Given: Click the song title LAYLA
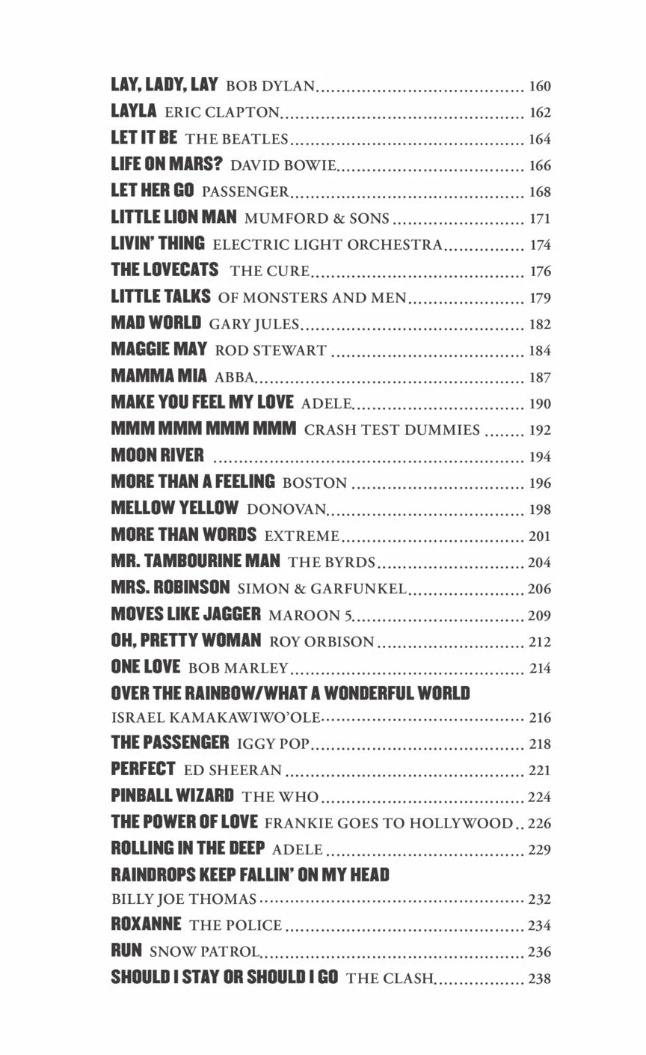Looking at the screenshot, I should [134, 111].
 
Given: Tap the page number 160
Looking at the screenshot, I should [539, 86].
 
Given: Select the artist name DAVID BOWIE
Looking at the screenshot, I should [283, 165].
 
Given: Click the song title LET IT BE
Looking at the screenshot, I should [144, 138].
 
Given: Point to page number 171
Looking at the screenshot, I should [539, 218].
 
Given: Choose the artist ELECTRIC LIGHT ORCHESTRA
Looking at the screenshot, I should [327, 245].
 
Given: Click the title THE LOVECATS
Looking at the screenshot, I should [164, 270].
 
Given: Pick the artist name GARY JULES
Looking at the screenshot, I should [253, 324].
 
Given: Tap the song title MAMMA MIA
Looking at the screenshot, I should [159, 376].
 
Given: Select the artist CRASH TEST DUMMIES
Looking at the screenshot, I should [392, 429].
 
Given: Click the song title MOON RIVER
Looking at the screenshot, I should [157, 456].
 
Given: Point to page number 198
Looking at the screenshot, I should [539, 510].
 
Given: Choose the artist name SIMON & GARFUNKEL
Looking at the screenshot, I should [322, 589].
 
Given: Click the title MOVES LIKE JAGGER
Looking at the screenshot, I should [185, 614].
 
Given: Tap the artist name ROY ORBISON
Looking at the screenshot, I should [322, 641].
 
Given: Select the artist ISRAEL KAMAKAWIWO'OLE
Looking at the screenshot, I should [215, 718].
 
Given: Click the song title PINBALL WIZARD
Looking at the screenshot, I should [172, 796].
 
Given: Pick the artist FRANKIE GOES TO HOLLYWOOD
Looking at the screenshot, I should [389, 823].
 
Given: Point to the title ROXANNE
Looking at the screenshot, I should [146, 924].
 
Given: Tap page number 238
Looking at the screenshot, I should [539, 978].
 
